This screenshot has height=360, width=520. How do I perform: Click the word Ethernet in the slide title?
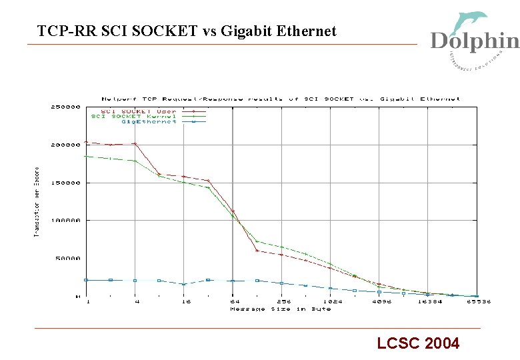[x=306, y=31]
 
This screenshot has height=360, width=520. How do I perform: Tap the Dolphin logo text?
[x=474, y=41]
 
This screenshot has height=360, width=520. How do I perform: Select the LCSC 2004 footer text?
[x=418, y=344]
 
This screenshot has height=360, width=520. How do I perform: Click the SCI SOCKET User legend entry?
[x=139, y=111]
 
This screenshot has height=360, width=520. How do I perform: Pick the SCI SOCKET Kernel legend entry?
[x=133, y=117]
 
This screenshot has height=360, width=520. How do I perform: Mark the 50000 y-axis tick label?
[x=68, y=258]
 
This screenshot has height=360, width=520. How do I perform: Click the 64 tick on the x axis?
[x=233, y=302]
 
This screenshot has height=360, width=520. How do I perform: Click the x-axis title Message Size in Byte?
[x=280, y=309]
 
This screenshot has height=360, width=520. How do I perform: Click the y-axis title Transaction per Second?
[x=37, y=201]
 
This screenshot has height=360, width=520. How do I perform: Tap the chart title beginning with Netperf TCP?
[x=280, y=99]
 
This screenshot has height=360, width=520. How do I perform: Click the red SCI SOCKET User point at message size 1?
[x=87, y=142]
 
